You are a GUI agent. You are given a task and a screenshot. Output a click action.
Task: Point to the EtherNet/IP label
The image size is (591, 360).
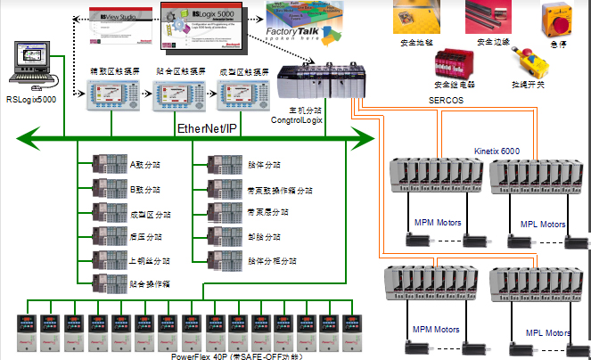[x=208, y=129]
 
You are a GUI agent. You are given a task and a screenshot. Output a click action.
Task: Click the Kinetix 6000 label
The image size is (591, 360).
[x=497, y=151]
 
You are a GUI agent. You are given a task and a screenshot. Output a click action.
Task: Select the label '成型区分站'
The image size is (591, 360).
[x=151, y=215]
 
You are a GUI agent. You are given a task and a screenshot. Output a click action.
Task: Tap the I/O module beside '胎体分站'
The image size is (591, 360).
[x=221, y=166]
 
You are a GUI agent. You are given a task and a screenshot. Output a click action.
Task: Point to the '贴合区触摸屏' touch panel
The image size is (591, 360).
[x=173, y=94]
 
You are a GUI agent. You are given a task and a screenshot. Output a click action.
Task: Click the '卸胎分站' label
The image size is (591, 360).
[x=261, y=237]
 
